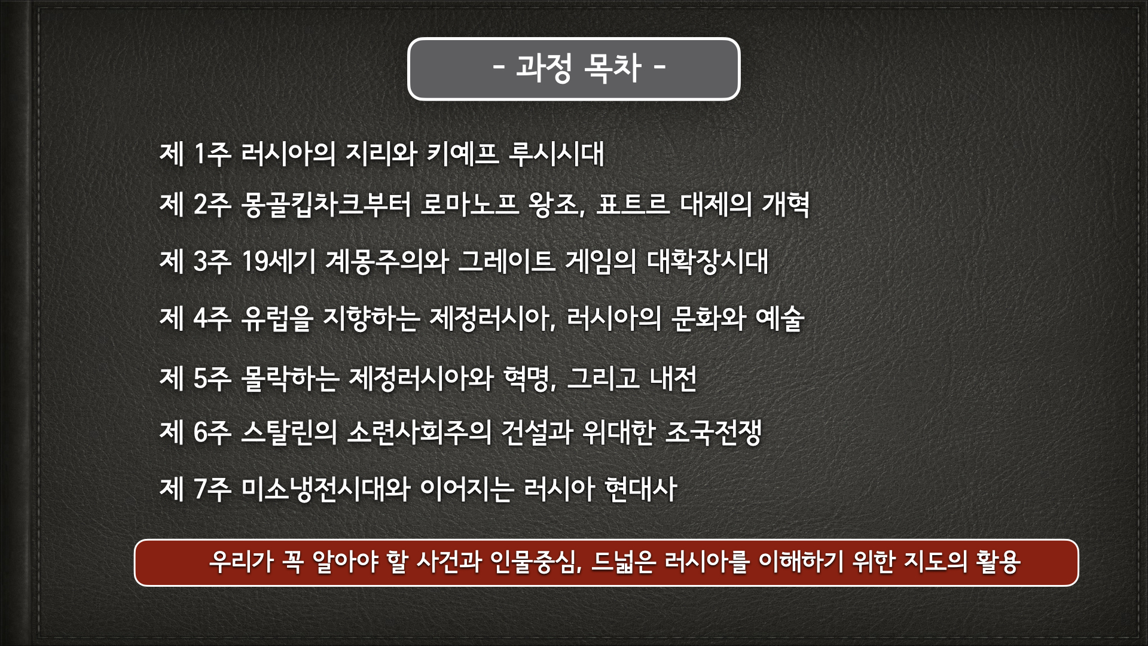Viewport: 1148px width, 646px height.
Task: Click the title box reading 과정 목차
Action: coord(574,69)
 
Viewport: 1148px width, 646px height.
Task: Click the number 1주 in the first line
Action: coord(213,155)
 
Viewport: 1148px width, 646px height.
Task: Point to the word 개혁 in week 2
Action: coord(786,206)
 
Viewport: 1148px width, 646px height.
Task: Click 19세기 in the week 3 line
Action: coord(279,261)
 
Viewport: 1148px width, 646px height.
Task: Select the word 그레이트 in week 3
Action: coord(506,261)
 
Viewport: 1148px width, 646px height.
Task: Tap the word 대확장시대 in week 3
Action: coord(708,261)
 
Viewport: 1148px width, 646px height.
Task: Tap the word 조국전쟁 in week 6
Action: coord(713,432)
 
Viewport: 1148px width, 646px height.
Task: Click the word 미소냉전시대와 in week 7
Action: coord(326,489)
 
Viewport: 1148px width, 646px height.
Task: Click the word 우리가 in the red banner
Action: coord(242,563)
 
